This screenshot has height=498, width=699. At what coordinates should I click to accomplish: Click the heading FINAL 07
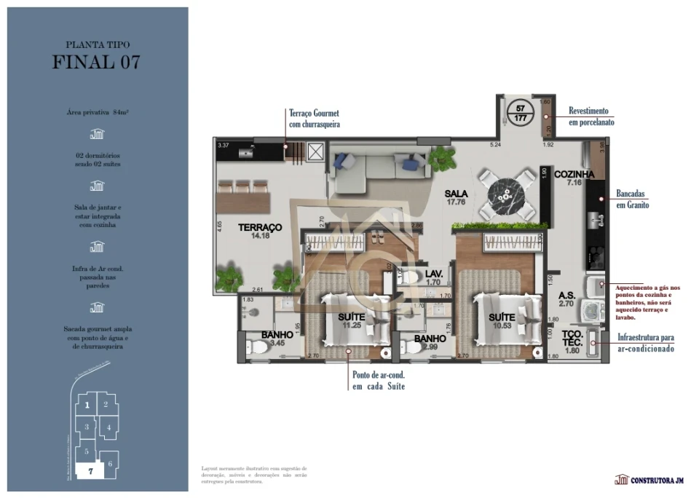97,62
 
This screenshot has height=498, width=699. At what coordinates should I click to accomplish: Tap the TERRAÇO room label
259,228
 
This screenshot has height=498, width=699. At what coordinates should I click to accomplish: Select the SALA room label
457,194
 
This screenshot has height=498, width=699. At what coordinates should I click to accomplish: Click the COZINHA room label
574,175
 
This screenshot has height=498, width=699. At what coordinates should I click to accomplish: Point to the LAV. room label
434,274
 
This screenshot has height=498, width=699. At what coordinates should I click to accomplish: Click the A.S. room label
567,296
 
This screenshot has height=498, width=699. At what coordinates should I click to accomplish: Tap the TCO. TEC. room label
572,338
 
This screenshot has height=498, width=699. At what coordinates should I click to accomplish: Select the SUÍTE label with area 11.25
351,317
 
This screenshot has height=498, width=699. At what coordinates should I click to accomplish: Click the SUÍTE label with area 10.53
502,317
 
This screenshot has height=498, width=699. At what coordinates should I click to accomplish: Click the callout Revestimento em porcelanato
589,116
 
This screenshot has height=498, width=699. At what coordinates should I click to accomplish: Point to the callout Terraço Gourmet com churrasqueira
314,119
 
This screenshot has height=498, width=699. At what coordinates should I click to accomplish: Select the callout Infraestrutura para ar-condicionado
645,343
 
